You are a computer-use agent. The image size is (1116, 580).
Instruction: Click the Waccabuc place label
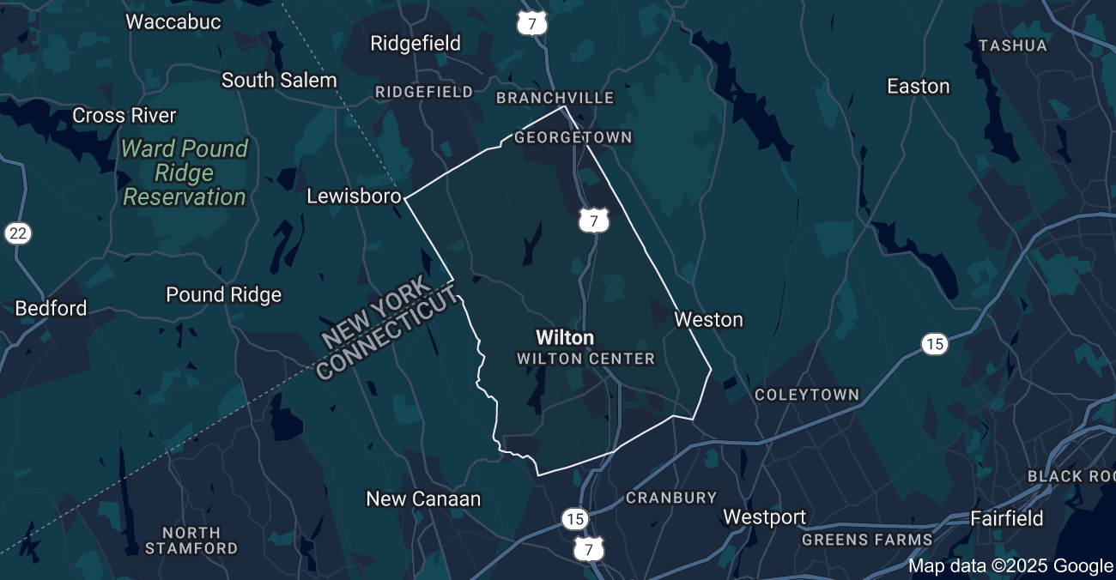173,21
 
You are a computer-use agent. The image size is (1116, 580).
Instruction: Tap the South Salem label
279,80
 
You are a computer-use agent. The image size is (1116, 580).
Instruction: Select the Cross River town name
124,115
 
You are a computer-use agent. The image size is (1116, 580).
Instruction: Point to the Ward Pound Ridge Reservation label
185,172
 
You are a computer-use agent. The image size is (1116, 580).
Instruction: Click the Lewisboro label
354,196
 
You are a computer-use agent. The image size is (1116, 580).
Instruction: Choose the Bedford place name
51,308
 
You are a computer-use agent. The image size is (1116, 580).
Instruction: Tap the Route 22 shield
18,233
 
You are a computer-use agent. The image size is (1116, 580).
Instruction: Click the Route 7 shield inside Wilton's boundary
593,221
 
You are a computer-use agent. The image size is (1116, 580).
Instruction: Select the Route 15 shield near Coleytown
935,344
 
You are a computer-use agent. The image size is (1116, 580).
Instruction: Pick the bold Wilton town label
564,337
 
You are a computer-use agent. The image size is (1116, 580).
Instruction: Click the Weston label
708,319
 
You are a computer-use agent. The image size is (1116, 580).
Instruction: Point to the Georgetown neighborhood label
573,137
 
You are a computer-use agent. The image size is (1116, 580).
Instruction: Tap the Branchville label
555,98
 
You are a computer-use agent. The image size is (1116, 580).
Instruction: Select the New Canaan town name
423,498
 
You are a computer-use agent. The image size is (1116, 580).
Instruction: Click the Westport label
764,517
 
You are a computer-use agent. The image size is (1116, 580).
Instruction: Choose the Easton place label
918,86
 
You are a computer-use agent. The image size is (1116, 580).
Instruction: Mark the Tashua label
1013,45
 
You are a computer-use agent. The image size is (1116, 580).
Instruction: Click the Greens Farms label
867,540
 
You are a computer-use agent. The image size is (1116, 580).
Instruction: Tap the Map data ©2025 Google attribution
1010,565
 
